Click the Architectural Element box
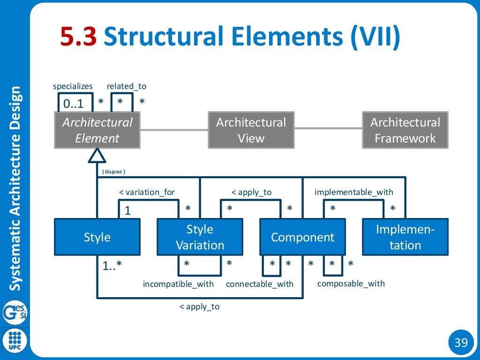(97, 130)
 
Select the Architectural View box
(251, 130)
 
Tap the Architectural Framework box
(405, 130)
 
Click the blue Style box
(97, 237)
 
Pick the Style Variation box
(200, 237)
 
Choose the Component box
(302, 237)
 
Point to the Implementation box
(405, 237)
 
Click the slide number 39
(461, 343)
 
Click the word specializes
(73, 86)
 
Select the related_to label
(127, 86)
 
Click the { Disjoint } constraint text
(113, 172)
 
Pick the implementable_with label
(354, 192)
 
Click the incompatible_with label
(178, 284)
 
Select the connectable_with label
(259, 284)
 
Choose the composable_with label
(351, 284)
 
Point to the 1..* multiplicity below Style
(112, 266)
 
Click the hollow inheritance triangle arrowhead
(97, 155)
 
